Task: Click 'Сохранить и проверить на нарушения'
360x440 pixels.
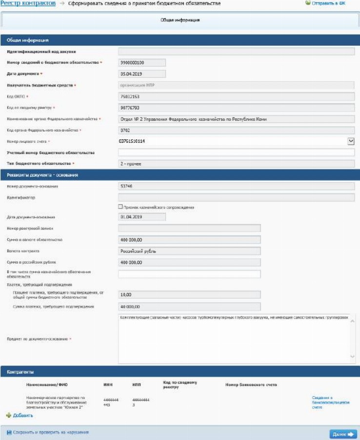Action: (50, 432)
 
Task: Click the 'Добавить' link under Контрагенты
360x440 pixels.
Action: (22, 416)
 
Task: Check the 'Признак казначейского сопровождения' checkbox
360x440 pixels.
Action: (120, 207)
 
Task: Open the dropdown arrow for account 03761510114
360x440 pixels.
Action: (351, 141)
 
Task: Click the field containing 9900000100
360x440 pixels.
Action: (142, 62)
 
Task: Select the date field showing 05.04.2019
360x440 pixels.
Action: (142, 74)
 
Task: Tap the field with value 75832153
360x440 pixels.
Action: (236, 96)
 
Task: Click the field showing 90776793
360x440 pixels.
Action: (236, 108)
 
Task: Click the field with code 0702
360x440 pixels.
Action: (236, 130)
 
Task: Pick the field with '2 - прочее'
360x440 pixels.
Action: (236, 164)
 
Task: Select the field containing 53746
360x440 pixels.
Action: (236, 186)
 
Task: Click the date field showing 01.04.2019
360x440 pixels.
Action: (142, 217)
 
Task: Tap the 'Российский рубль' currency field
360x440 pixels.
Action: (189, 251)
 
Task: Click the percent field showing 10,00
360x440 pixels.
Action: (189, 294)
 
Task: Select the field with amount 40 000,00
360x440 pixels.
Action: (189, 307)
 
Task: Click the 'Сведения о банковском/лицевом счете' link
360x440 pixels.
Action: (330, 402)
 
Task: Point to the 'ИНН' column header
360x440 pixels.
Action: (108, 385)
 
